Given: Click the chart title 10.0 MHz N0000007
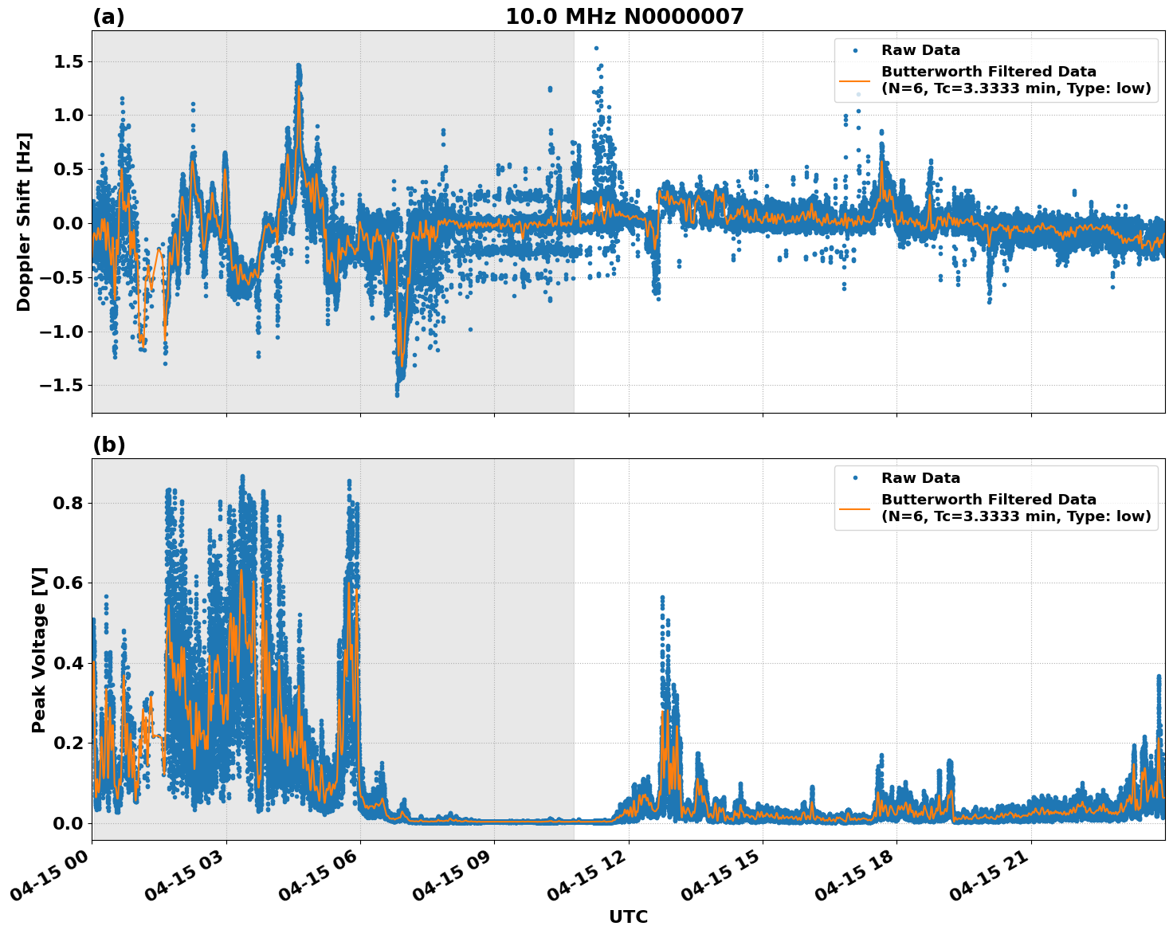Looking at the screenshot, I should (x=624, y=17).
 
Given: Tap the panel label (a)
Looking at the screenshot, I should (x=108, y=17).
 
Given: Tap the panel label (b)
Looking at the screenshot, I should (x=109, y=445).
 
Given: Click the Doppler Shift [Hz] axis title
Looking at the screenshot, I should (x=24, y=222).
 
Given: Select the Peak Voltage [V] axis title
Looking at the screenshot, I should (x=39, y=649).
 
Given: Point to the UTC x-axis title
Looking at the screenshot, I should (x=628, y=916).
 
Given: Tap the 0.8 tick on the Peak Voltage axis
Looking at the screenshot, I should (x=69, y=503).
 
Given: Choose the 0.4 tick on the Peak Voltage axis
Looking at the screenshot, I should (x=69, y=663).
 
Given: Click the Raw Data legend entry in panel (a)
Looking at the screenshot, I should (x=920, y=51).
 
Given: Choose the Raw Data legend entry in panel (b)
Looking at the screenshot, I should (x=920, y=478).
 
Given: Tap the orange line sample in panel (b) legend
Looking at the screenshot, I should (x=855, y=508).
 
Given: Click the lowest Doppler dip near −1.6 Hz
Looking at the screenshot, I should (x=397, y=394).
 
